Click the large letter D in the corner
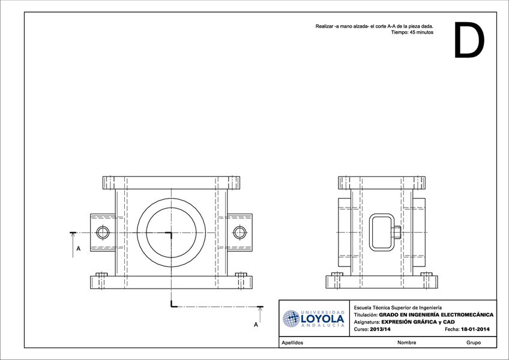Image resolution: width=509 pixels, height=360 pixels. click(468, 40)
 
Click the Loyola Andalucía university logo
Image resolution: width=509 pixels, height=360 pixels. click(314, 319)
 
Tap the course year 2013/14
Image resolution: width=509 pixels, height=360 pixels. click(380, 329)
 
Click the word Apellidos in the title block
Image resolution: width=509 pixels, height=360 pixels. click(292, 343)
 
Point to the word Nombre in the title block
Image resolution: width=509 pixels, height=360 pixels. click(406, 343)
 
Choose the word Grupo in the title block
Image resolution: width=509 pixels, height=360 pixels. click(473, 343)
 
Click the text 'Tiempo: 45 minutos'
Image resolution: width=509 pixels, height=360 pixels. click(412, 33)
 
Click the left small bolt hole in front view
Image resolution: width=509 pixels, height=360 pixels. click(103, 232)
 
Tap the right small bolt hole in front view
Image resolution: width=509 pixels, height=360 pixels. click(240, 232)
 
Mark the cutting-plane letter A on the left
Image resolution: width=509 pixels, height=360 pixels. click(78, 248)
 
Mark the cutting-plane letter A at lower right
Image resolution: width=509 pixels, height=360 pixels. click(256, 325)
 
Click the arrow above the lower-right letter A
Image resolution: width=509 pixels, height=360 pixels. click(260, 313)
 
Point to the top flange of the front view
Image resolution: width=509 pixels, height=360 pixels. click(172, 182)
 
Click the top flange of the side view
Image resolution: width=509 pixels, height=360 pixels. click(382, 182)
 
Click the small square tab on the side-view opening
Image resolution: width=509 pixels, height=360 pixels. click(397, 232)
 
